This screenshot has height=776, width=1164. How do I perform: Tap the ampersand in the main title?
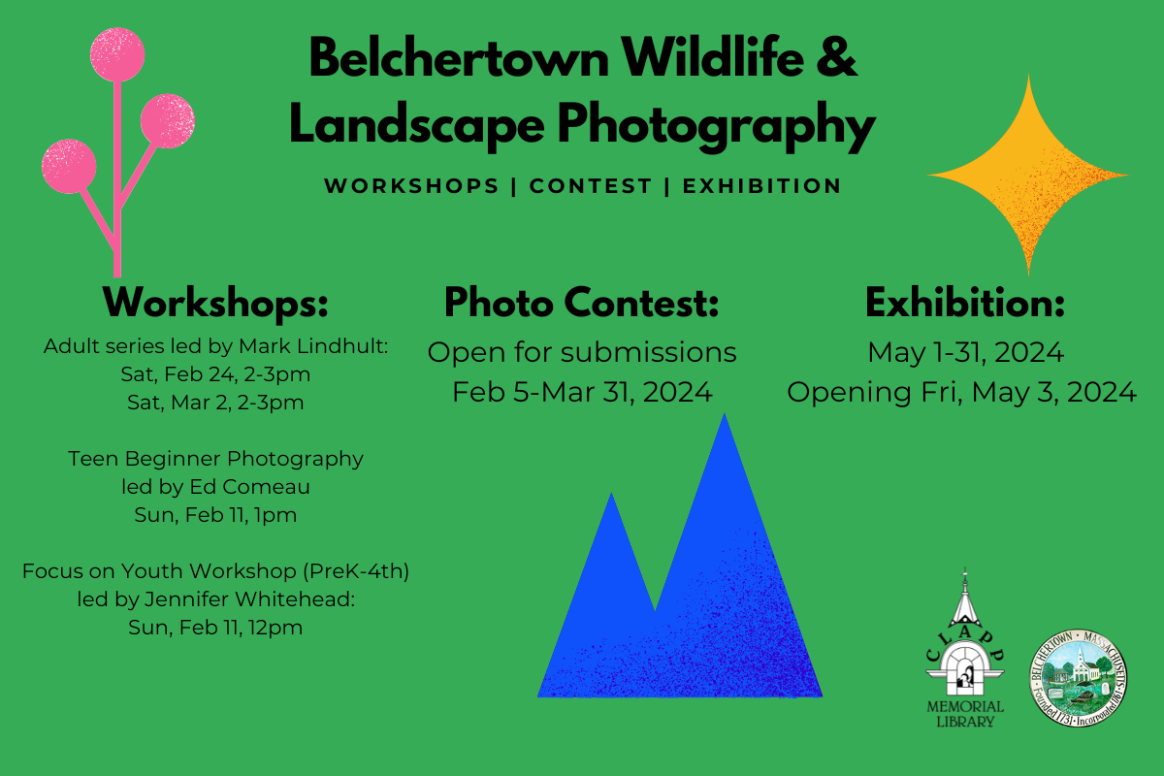(x=836, y=60)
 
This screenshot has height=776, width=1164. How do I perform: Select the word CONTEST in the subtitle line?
(x=591, y=185)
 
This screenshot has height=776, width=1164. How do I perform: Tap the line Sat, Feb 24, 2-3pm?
(x=215, y=373)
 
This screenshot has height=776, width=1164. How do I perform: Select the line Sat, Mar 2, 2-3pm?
(x=215, y=402)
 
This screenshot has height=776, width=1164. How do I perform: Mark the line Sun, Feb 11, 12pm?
(x=215, y=628)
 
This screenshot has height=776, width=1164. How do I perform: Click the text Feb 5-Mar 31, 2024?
(x=582, y=392)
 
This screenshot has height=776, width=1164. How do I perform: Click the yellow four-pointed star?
(x=1028, y=175)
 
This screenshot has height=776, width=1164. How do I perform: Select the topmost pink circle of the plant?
(x=116, y=53)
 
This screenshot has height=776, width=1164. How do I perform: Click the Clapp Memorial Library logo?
(x=964, y=650)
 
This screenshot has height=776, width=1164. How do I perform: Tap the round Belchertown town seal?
(x=1078, y=674)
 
